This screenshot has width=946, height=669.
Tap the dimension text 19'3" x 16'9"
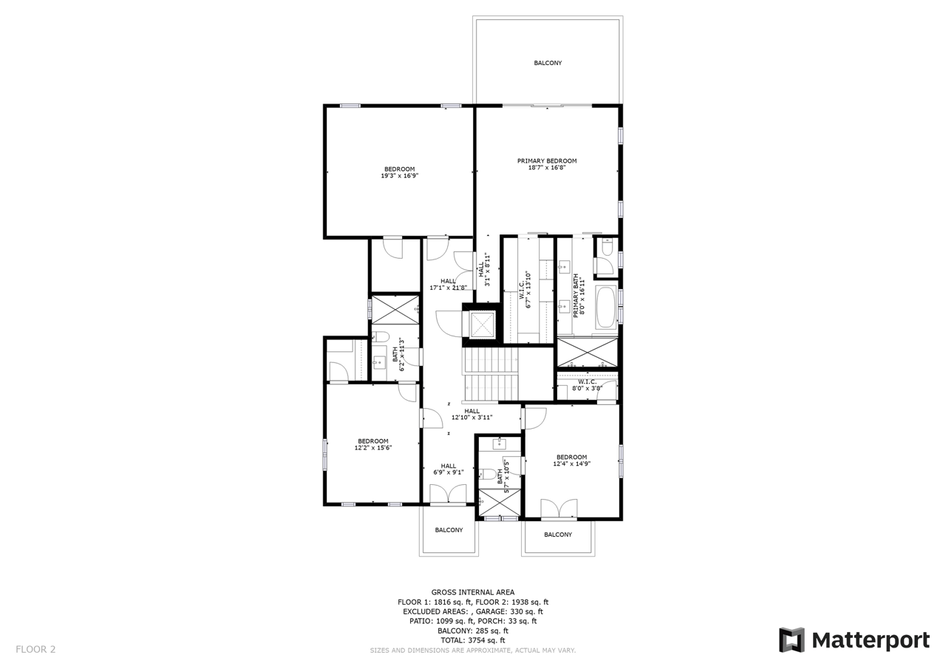click(400, 176)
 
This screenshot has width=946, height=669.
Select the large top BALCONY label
click(548, 63)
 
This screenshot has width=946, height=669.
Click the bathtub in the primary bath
click(606, 308)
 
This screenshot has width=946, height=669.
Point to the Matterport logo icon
click(792, 640)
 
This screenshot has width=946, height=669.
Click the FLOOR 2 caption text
click(35, 649)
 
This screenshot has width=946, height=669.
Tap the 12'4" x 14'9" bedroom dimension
click(571, 463)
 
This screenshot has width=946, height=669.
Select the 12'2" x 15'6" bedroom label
click(373, 444)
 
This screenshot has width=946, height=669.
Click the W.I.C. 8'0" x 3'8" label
click(587, 384)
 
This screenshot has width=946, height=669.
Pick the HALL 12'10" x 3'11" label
click(472, 414)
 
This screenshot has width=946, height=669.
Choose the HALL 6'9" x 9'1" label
click(448, 469)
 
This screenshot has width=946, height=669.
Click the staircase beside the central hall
click(491, 374)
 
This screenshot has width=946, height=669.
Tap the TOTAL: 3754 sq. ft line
click(472, 640)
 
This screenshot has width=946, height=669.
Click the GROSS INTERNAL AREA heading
click(472, 592)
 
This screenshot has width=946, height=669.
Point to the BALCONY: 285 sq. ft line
click(472, 631)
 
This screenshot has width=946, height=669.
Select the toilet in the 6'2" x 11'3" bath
click(380, 336)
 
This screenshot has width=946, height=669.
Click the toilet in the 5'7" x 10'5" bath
click(487, 475)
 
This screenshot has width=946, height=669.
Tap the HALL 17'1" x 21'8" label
click(448, 285)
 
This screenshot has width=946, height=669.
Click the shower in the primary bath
click(587, 352)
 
